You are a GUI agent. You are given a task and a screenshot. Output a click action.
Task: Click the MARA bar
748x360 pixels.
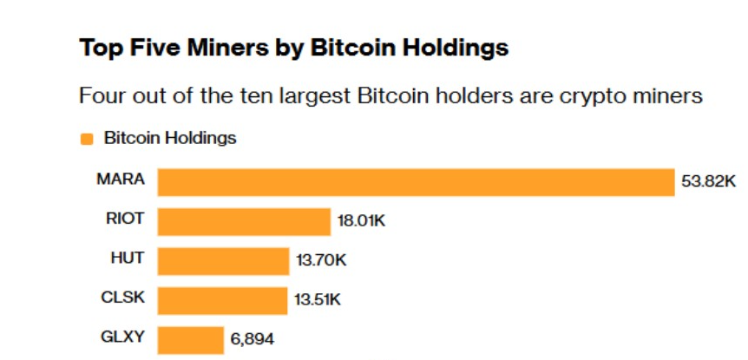[x=416, y=182]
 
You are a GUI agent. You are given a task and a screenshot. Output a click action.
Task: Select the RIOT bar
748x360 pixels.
[x=244, y=221]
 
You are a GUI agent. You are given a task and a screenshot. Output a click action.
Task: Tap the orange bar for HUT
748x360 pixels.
[x=223, y=261]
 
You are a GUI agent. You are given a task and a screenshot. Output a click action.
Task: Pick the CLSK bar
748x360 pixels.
[x=222, y=300]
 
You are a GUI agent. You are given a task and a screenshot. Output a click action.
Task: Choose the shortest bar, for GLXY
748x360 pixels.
[x=190, y=340]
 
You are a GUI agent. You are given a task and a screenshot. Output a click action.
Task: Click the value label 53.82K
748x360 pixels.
[x=708, y=183]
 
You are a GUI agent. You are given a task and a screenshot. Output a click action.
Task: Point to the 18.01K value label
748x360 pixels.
[x=361, y=222]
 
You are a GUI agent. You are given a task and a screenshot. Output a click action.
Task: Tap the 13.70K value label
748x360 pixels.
[x=319, y=261]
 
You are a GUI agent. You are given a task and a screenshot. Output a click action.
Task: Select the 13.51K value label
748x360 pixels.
[x=318, y=301]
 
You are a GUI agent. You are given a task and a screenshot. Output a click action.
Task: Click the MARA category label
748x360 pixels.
[x=121, y=180]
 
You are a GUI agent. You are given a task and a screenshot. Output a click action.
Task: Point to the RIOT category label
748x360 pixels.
[x=124, y=219]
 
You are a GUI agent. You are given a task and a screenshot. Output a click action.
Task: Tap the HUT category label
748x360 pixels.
[x=128, y=259]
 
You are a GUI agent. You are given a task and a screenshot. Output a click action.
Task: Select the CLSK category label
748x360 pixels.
[x=123, y=298]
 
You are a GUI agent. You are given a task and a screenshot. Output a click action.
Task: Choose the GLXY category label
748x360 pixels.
[x=123, y=337]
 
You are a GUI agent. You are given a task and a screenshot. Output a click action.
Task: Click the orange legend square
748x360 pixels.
[x=86, y=139]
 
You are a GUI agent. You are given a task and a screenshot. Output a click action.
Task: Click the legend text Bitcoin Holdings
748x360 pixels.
[x=170, y=138]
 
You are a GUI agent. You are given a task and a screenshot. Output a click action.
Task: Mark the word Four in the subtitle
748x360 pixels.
[x=101, y=95]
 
